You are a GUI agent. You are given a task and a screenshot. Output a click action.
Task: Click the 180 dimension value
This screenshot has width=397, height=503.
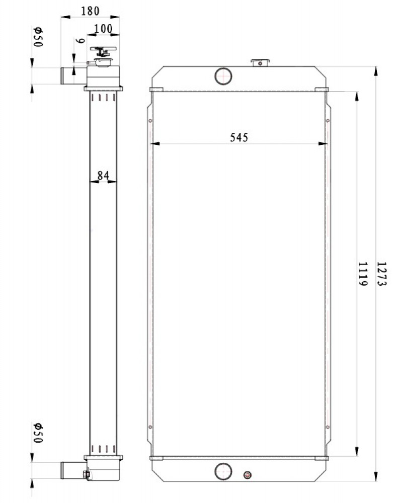click(x=90, y=11)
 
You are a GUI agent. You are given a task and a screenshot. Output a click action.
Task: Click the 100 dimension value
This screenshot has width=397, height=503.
click(x=103, y=29)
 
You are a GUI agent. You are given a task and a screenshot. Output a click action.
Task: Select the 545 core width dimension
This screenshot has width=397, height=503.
click(x=239, y=137)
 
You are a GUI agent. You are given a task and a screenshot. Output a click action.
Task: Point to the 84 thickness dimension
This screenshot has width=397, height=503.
click(x=103, y=175)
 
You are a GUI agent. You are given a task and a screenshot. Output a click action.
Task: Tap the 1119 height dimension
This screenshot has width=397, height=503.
click(x=362, y=274)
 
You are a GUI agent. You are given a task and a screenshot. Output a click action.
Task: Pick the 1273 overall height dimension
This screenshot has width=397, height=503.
click(x=382, y=274)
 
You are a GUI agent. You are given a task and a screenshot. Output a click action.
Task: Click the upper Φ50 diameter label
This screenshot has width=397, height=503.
click(x=38, y=37)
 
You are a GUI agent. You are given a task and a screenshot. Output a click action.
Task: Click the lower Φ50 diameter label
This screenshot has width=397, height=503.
click(x=38, y=433)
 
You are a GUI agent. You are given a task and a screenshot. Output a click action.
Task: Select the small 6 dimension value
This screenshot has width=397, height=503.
click(x=80, y=41)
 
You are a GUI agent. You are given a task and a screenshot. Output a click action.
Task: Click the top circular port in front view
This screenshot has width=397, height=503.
click(x=223, y=76)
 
